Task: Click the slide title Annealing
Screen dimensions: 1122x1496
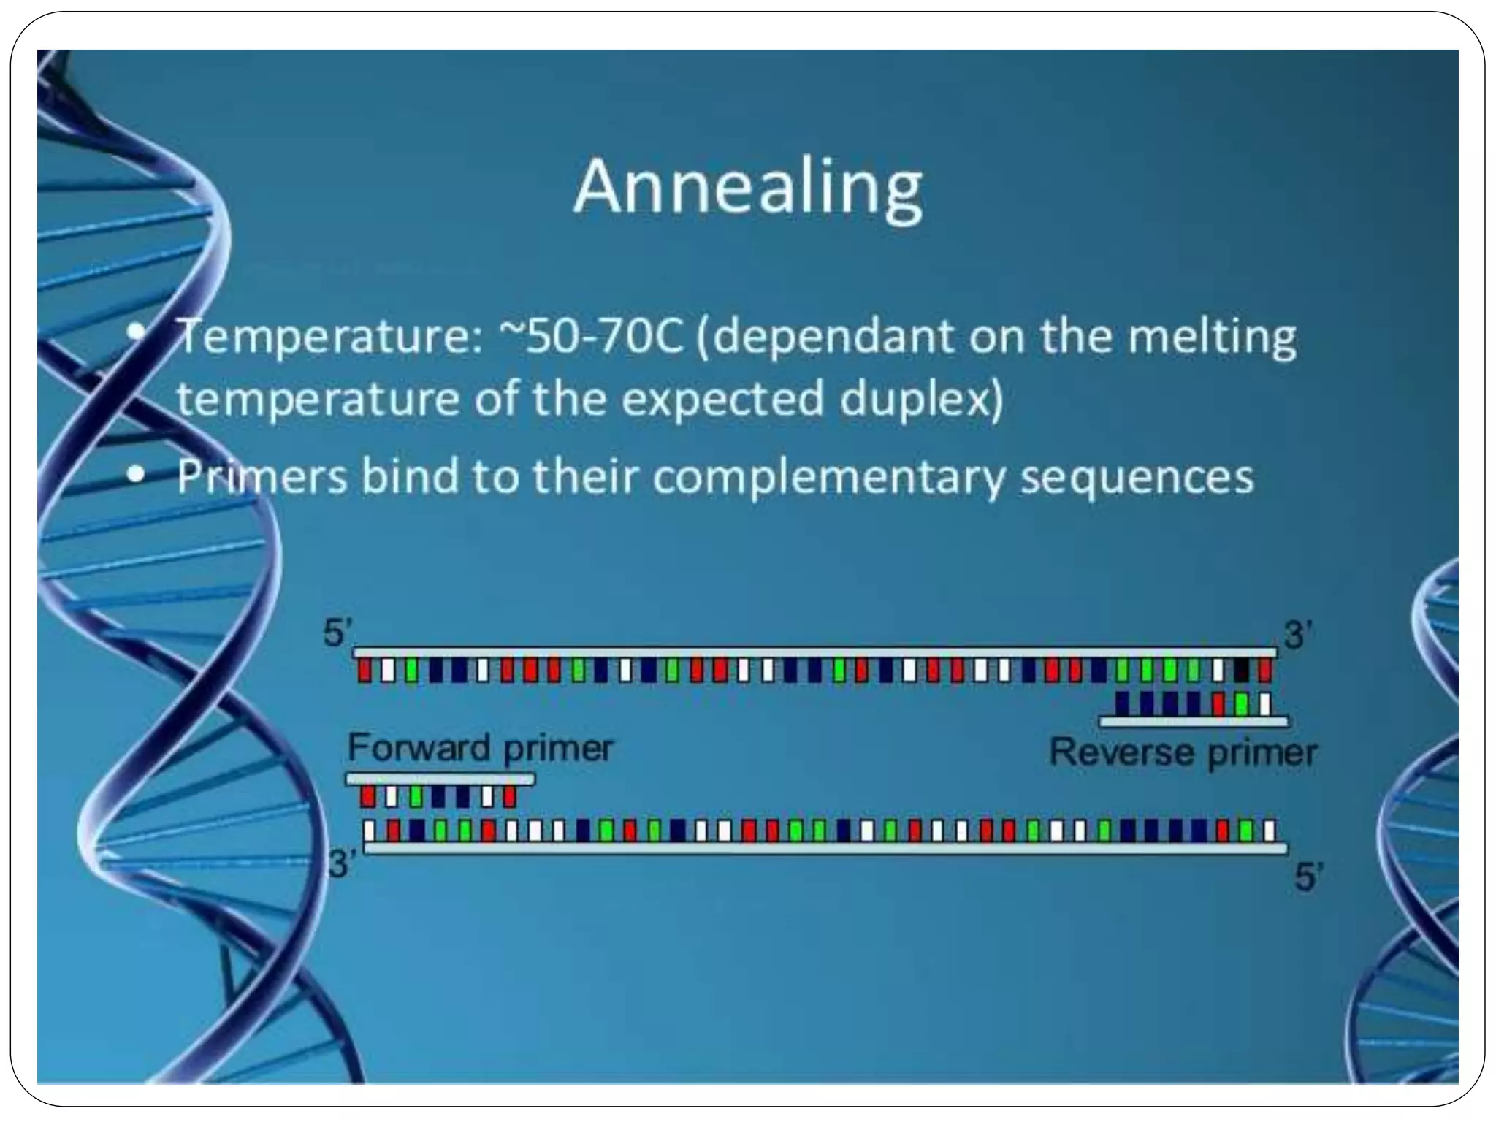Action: click(748, 188)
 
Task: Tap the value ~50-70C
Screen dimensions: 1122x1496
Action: click(591, 337)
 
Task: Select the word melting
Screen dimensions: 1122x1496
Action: click(1212, 337)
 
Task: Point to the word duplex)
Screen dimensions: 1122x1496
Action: click(921, 400)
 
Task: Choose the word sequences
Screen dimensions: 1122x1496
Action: click(1137, 477)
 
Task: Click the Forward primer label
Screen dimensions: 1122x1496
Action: click(480, 747)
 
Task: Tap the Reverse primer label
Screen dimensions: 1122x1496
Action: click(1183, 752)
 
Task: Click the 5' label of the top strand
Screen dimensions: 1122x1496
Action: click(337, 633)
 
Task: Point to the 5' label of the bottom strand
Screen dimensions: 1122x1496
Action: click(1308, 877)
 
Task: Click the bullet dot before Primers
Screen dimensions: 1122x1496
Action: click(135, 476)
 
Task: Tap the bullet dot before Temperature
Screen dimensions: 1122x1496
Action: click(135, 332)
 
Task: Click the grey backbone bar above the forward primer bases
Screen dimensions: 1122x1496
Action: click(440, 779)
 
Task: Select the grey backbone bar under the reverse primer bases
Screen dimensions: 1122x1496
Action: click(1194, 722)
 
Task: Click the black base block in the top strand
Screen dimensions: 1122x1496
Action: click(1241, 670)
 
